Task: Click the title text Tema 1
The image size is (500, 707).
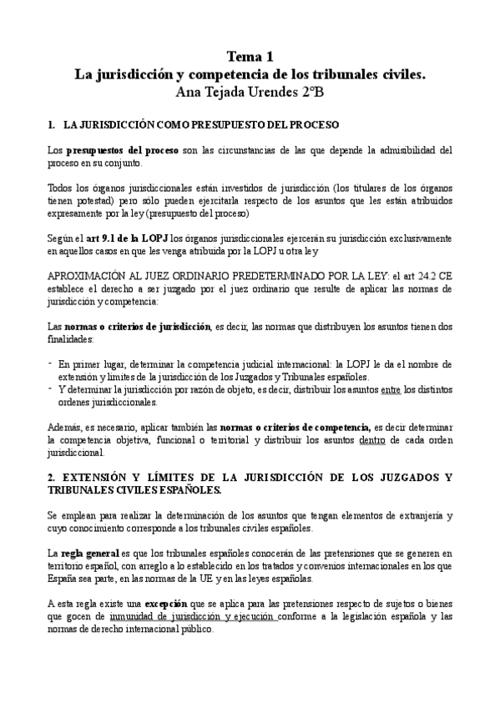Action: point(250,58)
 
